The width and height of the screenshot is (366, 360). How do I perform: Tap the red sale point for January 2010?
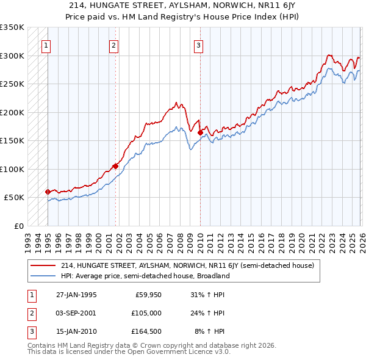[x=200, y=132]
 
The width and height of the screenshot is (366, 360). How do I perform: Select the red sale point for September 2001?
[x=115, y=165]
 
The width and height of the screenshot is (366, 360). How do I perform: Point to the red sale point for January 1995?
[x=48, y=192]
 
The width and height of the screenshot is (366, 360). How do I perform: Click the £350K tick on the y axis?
[x=12, y=27]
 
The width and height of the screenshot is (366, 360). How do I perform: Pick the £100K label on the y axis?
[x=12, y=169]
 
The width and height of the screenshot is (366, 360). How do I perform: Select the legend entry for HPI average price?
[x=145, y=276]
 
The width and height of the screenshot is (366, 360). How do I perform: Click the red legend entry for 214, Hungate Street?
[x=187, y=265]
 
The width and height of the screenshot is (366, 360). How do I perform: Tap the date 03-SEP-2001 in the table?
[x=76, y=313]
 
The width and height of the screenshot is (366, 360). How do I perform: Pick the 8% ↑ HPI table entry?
[x=209, y=331]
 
